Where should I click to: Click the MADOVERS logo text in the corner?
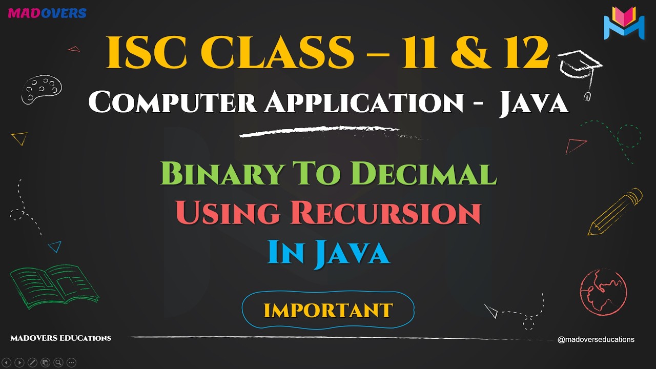point(47,13)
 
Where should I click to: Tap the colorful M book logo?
point(623,23)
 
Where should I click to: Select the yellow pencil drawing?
point(615,212)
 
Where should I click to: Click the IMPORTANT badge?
point(328,310)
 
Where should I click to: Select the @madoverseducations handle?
point(596,339)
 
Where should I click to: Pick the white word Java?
point(534,102)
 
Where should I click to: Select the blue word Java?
point(351,252)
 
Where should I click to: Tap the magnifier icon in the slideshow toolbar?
point(58,362)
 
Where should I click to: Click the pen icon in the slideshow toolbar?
point(32,362)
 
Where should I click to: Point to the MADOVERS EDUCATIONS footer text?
point(60,338)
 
